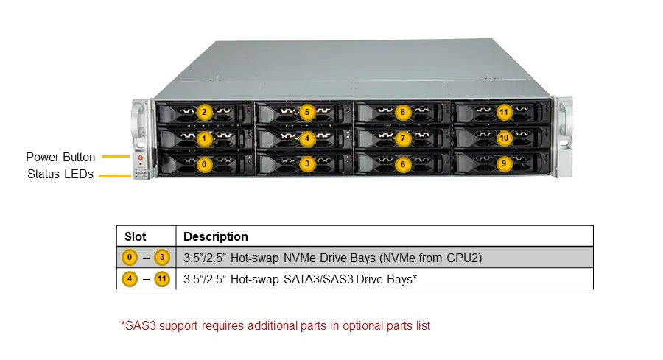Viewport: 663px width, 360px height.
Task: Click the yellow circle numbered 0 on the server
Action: [x=204, y=164]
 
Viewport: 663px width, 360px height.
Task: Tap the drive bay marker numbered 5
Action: [x=307, y=113]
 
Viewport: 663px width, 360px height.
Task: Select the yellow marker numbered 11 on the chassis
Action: [x=504, y=112]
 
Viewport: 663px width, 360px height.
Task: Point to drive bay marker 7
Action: [x=402, y=138]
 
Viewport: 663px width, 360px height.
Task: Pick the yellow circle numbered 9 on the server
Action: [x=504, y=163]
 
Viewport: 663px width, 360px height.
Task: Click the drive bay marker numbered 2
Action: [x=204, y=113]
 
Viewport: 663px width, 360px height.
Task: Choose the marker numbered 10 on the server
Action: [x=504, y=138]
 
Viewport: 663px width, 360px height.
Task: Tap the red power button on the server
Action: [x=141, y=158]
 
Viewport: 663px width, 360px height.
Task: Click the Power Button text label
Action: [x=60, y=158]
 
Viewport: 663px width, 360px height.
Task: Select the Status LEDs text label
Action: [x=60, y=174]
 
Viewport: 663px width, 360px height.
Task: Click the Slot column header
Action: [x=136, y=236]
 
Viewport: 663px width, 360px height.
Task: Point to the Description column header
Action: [x=216, y=236]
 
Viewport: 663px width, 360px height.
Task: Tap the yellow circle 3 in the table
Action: [x=161, y=258]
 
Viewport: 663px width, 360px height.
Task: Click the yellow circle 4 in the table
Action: [x=130, y=279]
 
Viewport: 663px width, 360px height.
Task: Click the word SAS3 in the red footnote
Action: [x=141, y=326]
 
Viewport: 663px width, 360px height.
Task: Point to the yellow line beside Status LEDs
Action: [x=115, y=176]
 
